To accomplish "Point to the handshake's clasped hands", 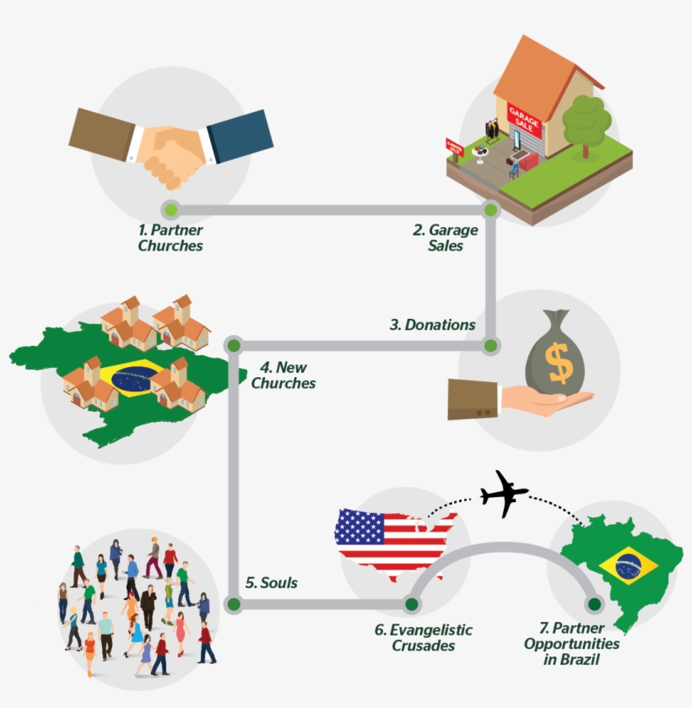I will coord(171,152).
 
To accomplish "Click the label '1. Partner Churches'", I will coord(170,238).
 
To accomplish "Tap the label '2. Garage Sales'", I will coord(446,238).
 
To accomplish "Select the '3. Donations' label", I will coord(432,325).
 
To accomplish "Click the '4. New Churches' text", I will coord(283,376).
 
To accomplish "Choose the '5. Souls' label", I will coord(271,583).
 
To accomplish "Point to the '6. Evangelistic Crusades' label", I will coord(424,638).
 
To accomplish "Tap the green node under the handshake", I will coord(170,209).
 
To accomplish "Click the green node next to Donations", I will coord(490,345).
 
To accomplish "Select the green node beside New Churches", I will coord(235,345).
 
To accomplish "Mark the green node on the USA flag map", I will coord(411,604).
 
